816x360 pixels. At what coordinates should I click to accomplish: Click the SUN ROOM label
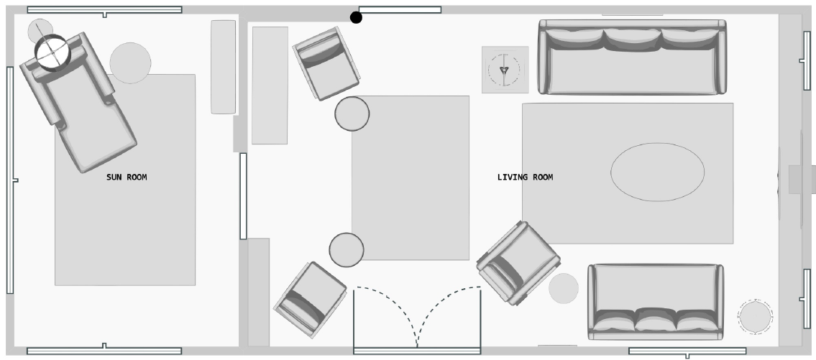pyautogui.click(x=127, y=177)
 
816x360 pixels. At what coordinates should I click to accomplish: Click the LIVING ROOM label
pyautogui.click(x=525, y=177)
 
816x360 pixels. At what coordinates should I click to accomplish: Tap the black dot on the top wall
pyautogui.click(x=356, y=17)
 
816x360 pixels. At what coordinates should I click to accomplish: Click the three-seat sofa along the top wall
pyautogui.click(x=632, y=57)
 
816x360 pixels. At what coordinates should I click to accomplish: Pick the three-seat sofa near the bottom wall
pyautogui.click(x=655, y=302)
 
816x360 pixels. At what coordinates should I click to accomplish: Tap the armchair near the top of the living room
pyautogui.click(x=326, y=63)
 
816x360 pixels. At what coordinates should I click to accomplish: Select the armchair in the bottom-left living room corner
pyautogui.click(x=310, y=299)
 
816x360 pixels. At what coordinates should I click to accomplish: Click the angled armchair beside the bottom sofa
pyautogui.click(x=518, y=262)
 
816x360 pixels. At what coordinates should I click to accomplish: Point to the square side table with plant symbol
pyautogui.click(x=505, y=70)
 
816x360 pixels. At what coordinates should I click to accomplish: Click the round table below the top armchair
pyautogui.click(x=352, y=114)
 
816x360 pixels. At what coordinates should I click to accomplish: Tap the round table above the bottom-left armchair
pyautogui.click(x=347, y=249)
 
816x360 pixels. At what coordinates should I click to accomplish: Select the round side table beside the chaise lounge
pyautogui.click(x=130, y=63)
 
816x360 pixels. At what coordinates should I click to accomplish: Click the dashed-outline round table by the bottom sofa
pyautogui.click(x=755, y=316)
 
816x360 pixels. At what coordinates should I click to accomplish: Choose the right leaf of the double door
pyautogui.click(x=449, y=316)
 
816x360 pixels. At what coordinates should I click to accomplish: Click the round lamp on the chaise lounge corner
pyautogui.click(x=52, y=52)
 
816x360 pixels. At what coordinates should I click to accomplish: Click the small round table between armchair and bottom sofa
pyautogui.click(x=564, y=288)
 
